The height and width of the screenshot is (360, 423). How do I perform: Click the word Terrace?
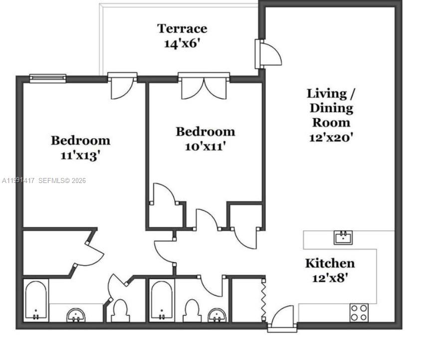(182, 28)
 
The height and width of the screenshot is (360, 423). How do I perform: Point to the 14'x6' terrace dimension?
(182, 43)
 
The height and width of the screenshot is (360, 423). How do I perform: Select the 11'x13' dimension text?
(80, 155)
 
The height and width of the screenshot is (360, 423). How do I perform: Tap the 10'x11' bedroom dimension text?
(205, 147)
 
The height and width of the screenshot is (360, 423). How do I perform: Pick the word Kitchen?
(330, 263)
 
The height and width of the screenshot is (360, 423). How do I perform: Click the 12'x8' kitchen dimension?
(330, 278)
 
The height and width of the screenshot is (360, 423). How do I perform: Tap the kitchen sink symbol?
(343, 237)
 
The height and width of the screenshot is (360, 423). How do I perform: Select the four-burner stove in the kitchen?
(358, 312)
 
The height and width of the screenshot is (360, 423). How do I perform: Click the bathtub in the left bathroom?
(36, 301)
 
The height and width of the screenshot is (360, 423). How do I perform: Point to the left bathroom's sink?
(76, 315)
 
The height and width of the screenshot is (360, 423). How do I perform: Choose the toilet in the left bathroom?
(120, 311)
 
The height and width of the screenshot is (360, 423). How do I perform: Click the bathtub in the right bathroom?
(162, 301)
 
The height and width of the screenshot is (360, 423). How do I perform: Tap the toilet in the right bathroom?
(192, 311)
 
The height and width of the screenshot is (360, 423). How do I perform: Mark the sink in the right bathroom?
(216, 315)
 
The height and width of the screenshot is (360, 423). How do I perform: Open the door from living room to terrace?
(268, 54)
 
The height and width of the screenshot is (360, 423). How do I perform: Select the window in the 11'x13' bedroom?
(47, 78)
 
